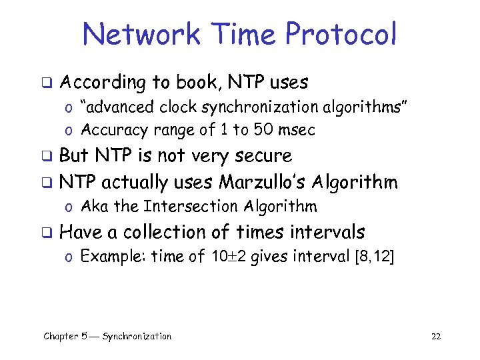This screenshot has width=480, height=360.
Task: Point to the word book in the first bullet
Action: pyautogui.click(x=198, y=83)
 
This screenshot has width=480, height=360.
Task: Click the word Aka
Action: pyautogui.click(x=95, y=206)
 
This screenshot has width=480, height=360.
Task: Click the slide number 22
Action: pyautogui.click(x=436, y=336)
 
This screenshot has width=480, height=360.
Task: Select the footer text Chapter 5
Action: pyautogui.click(x=69, y=336)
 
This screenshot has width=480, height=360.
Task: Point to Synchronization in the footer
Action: pyautogui.click(x=137, y=336)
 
